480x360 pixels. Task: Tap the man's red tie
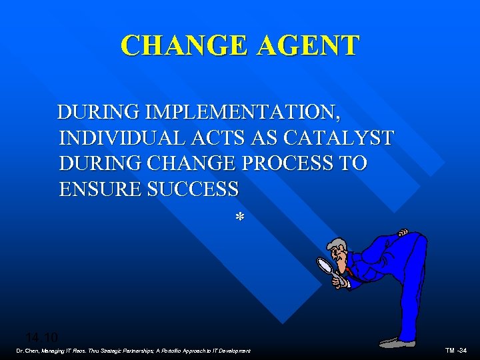tap(347, 271)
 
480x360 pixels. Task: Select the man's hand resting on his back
tap(402, 233)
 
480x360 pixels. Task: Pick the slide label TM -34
tap(457, 351)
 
